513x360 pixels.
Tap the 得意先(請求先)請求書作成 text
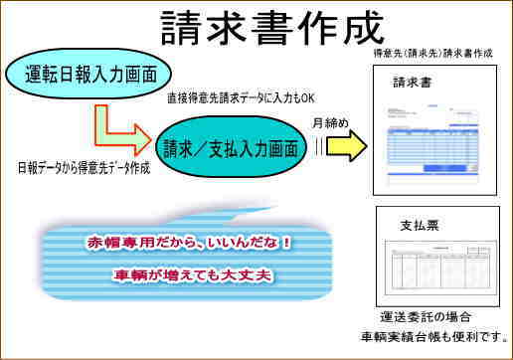(x=433, y=53)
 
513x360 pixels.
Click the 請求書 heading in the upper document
(x=413, y=83)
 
